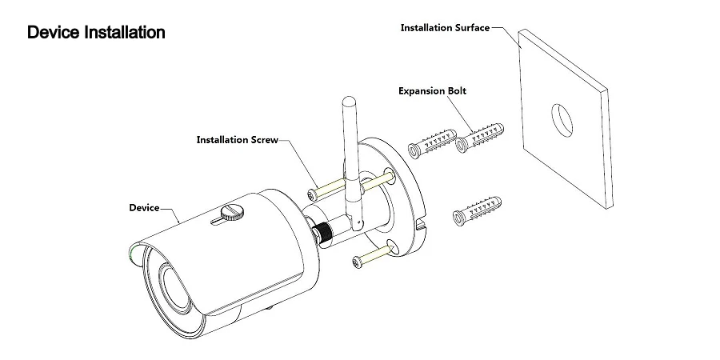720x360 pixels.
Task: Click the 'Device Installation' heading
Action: coord(97,33)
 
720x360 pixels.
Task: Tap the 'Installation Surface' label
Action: coord(445,27)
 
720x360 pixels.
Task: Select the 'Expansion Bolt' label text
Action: coord(432,91)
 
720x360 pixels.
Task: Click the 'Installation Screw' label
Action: coord(238,139)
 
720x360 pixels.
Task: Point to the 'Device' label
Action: coord(144,207)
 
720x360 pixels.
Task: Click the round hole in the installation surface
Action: coord(562,120)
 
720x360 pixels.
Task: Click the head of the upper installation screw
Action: coord(312,194)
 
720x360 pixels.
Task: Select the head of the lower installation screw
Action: coord(358,262)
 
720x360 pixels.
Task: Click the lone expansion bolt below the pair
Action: coord(477,211)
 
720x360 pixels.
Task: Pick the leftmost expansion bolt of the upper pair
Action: coord(432,144)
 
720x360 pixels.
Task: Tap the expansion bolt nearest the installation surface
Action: coord(479,138)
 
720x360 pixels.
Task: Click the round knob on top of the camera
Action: coord(232,212)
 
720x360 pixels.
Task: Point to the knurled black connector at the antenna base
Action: coord(323,232)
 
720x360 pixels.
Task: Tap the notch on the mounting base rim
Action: coord(421,225)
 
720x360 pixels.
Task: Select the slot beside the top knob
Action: coord(220,222)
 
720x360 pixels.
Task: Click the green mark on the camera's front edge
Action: coord(132,254)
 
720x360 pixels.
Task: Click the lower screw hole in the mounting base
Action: coord(393,246)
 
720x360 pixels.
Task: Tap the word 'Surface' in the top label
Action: coord(472,27)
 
